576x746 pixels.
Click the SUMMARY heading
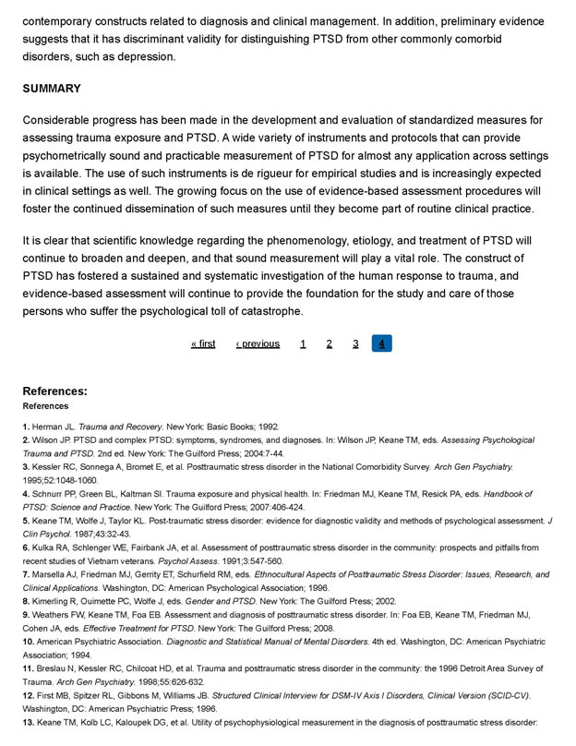[x=52, y=89]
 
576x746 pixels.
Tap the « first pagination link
[x=203, y=343]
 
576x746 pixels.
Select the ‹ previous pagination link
[x=258, y=343]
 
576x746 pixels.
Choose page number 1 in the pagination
[x=303, y=343]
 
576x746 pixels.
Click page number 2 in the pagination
[x=329, y=343]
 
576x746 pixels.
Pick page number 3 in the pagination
[x=355, y=343]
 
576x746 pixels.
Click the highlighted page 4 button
[x=382, y=343]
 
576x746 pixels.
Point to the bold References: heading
[x=55, y=391]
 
